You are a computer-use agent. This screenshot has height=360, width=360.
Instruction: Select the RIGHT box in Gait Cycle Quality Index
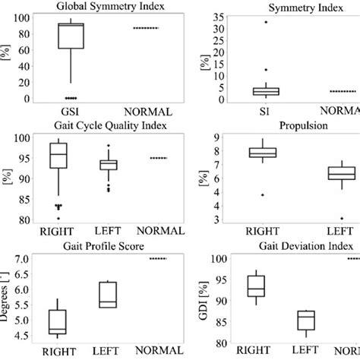point(58,156)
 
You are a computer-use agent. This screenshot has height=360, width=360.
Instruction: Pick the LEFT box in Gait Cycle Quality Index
point(109,165)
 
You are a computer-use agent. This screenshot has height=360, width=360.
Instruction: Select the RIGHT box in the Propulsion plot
point(263,153)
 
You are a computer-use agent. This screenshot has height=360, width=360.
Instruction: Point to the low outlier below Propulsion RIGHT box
point(263,195)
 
